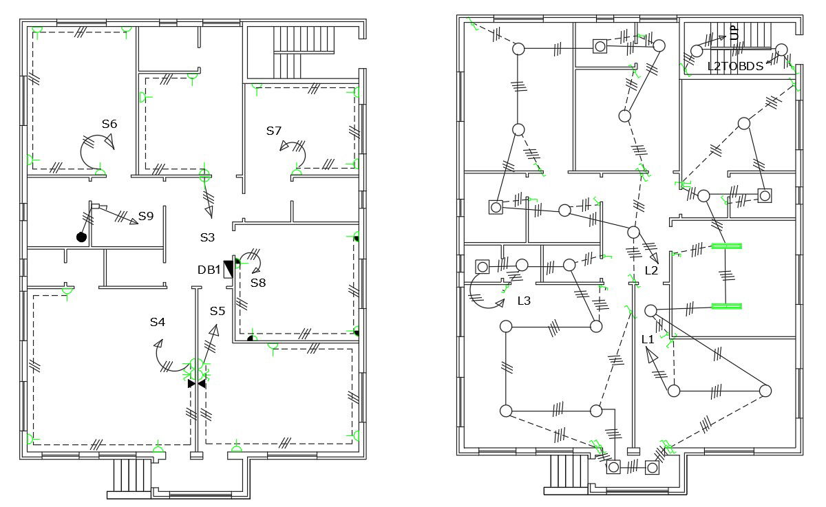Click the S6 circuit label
(109, 124)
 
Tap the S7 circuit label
(274, 131)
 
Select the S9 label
(145, 216)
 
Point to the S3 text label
(207, 237)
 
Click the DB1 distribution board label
(209, 270)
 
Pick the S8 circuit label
(257, 282)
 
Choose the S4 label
(158, 321)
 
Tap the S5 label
(218, 311)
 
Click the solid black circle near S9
(81, 237)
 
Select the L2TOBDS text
(735, 67)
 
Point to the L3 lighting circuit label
(524, 301)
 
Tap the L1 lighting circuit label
(647, 339)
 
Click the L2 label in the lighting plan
(651, 270)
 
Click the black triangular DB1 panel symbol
(229, 269)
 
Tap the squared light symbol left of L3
(482, 266)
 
